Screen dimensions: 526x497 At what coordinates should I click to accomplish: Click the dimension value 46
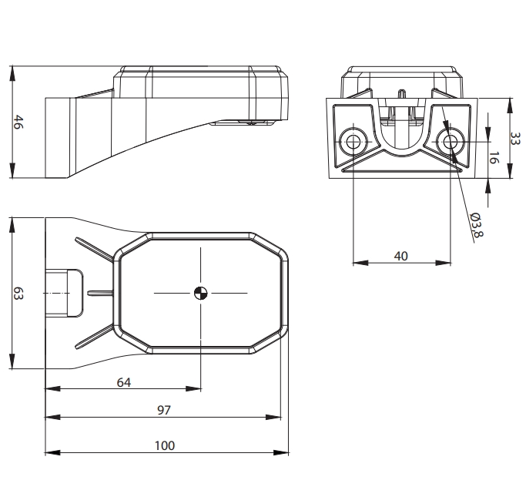18,123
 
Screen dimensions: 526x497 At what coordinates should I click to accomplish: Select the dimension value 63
18,294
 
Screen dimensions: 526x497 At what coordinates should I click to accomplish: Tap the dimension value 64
124,382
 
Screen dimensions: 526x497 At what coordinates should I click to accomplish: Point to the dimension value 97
164,410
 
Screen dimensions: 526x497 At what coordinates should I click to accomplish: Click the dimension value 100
165,445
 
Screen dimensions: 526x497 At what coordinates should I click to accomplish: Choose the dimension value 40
401,257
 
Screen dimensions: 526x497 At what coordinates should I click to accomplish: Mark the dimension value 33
514,138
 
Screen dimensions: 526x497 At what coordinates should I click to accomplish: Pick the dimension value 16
493,157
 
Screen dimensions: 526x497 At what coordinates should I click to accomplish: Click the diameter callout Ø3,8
477,224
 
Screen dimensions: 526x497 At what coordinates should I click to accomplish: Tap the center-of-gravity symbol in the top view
200,293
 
